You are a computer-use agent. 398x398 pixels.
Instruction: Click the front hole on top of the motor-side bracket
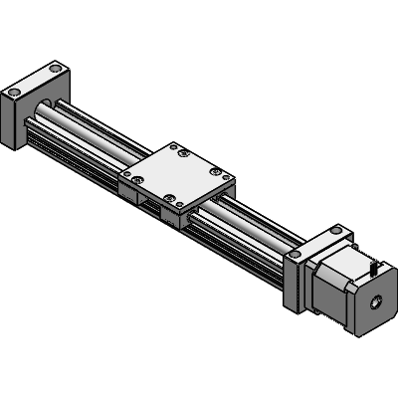(x=296, y=256)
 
